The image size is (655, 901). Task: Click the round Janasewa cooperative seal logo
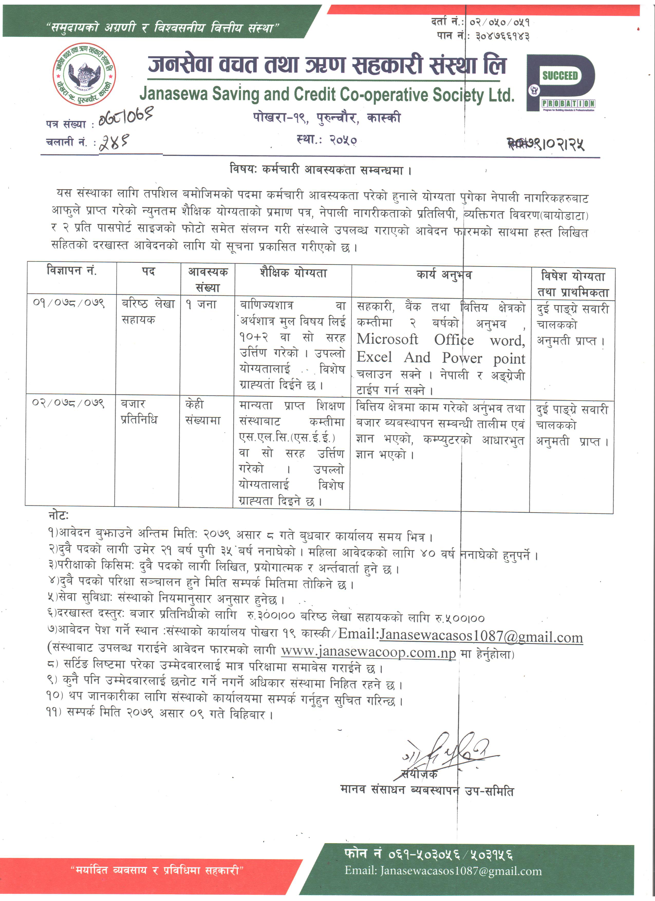[x=84, y=74]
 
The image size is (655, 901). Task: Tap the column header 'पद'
[x=148, y=272]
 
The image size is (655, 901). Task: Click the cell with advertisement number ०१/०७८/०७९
[x=69, y=303]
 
